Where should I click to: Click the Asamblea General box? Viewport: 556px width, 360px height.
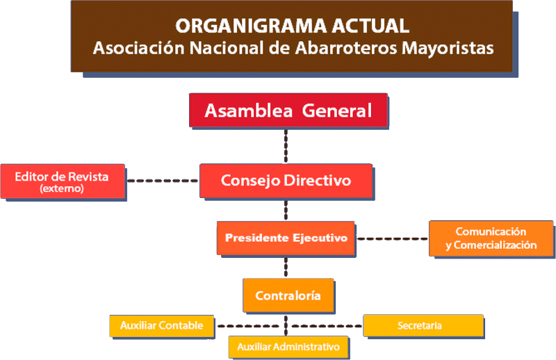[288, 111]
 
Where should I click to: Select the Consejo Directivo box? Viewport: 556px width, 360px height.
[286, 181]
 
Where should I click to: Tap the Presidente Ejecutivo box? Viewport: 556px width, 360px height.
[286, 238]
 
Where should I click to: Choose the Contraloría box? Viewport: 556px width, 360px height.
[288, 295]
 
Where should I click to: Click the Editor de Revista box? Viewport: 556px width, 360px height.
[63, 181]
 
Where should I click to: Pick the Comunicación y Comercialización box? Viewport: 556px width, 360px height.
[491, 238]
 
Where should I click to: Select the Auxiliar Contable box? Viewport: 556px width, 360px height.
[162, 325]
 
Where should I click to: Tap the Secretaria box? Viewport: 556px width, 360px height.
[423, 325]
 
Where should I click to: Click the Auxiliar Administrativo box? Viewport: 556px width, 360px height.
[288, 347]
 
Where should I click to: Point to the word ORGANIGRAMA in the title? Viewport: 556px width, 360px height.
[251, 26]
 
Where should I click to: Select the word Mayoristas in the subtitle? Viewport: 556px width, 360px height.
[448, 49]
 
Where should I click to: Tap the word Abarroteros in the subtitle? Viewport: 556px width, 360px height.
[346, 48]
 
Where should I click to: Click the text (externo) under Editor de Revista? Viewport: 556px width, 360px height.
[62, 188]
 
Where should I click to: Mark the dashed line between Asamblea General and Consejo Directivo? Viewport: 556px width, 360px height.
[286, 146]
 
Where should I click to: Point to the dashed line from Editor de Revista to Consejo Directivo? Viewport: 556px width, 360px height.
[163, 181]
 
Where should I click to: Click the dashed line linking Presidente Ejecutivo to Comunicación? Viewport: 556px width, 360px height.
[392, 238]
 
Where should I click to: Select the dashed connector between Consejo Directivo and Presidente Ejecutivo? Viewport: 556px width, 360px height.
[286, 210]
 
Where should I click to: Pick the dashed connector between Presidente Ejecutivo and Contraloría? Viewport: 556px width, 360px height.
[286, 267]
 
